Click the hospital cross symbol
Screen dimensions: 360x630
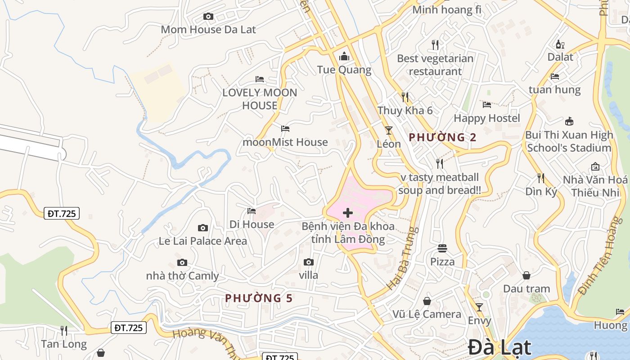point(347,213)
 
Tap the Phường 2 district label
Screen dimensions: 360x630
point(442,137)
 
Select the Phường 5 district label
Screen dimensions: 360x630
point(259,298)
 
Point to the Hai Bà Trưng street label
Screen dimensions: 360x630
point(402,258)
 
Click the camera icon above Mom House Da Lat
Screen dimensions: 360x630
point(208,17)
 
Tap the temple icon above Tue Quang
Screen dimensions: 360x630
point(344,56)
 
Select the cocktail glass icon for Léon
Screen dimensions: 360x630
point(389,130)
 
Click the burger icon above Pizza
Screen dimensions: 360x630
point(442,248)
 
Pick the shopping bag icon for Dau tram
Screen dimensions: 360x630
point(526,275)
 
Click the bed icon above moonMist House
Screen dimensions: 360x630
point(285,129)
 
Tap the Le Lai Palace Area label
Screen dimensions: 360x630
point(203,241)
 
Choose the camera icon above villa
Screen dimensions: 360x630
point(308,262)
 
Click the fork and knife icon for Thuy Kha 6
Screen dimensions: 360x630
point(405,97)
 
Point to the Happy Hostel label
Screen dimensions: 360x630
point(487,118)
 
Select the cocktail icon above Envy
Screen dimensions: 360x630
point(479,307)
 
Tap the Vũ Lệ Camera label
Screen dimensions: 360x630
point(427,314)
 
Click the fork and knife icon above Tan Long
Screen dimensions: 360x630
point(64,331)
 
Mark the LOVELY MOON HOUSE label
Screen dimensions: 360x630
point(260,99)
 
